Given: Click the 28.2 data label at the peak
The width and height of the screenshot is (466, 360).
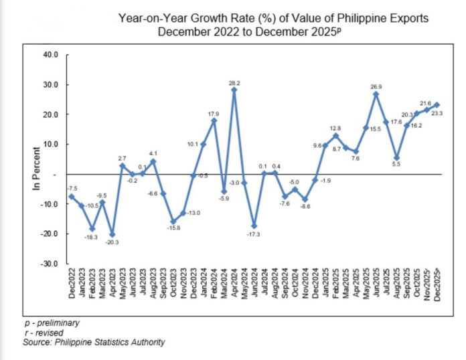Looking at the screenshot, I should point(234,82).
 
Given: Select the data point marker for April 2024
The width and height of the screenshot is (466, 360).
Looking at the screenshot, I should point(234,90).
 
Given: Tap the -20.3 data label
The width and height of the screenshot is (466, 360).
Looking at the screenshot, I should point(112,242).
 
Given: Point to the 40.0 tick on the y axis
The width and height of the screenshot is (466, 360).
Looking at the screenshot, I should point(52,54).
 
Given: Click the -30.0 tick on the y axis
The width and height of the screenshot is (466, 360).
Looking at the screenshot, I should point(50,264).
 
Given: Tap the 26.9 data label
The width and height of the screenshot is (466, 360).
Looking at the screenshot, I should point(376,86).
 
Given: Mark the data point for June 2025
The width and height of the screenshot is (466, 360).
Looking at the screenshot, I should point(376,94).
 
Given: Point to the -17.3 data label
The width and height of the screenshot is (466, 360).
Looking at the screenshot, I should point(254,235).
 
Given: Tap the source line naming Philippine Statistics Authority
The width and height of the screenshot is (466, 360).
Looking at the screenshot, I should point(94,343).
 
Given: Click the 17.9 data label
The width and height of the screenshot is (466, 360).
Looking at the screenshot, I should point(214,114).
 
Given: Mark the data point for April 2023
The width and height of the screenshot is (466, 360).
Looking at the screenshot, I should point(112,234).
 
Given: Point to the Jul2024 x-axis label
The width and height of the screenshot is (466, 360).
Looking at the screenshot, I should point(264,283).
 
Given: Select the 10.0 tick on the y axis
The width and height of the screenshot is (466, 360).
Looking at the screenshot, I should point(52,144).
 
